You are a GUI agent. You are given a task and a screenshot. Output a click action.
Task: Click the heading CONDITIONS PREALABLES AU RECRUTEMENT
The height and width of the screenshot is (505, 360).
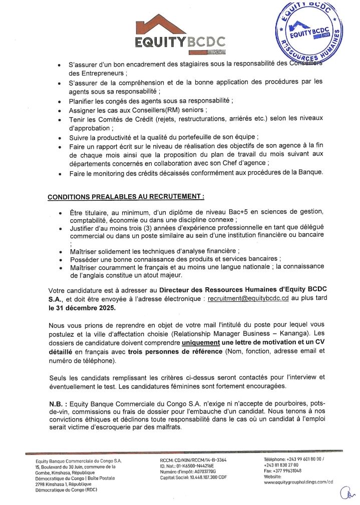click(126, 197)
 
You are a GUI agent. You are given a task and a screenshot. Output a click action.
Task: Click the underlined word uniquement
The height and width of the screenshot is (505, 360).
click(200, 342)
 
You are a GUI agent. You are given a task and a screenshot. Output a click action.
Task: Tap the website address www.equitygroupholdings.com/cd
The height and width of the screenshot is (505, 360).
click(298, 482)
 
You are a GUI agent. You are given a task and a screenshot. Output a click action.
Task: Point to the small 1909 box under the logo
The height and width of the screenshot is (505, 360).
click(215, 52)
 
